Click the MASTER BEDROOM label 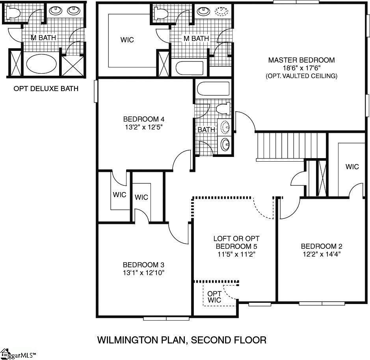301,60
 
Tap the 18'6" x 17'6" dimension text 301,68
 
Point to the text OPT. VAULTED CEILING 301,76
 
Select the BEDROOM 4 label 143,119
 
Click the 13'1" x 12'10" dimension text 143,272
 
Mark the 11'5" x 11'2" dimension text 236,254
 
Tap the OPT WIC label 214,297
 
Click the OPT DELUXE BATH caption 46,89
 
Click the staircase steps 292,145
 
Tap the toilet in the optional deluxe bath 13,13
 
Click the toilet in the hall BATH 223,109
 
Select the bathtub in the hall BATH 213,89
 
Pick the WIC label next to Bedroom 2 352,167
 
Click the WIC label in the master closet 127,40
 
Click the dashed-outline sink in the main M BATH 223,11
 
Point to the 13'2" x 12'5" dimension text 143,127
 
